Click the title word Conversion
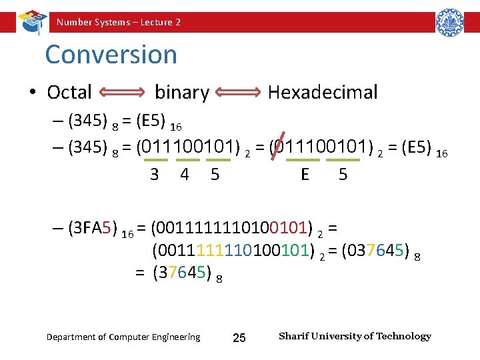[111, 55]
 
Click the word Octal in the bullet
[69, 92]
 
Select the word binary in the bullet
[182, 92]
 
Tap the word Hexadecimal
[323, 92]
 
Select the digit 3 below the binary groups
[155, 175]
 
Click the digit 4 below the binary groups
[185, 175]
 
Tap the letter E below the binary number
[305, 175]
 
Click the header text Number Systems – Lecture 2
[119, 22]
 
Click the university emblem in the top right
[449, 22]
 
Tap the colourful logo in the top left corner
[31, 21]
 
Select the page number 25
[239, 338]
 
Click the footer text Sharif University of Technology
[355, 336]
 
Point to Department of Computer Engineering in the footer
[123, 337]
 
